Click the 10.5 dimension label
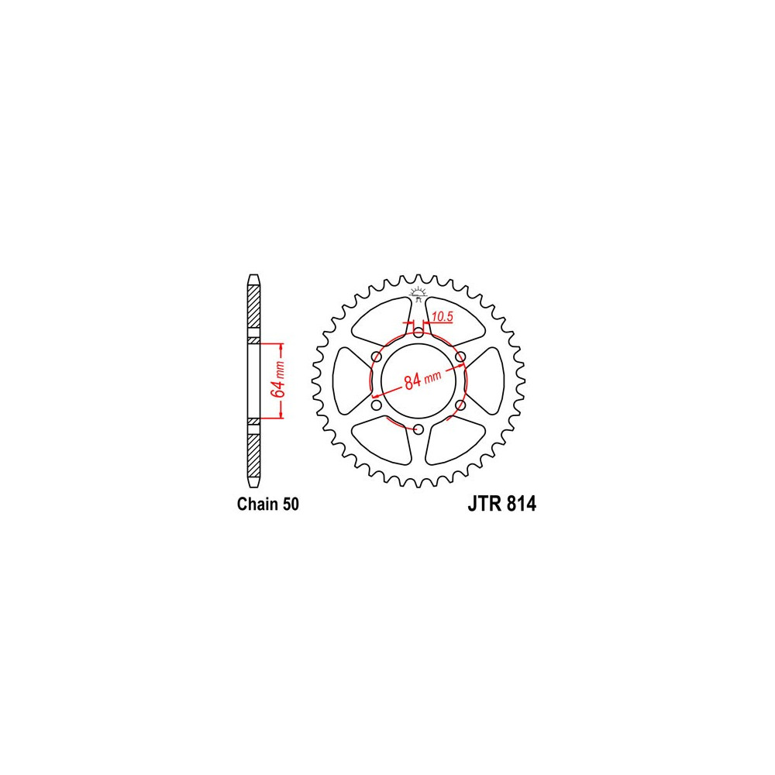click(x=443, y=316)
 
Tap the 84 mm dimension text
click(x=422, y=380)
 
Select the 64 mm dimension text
click(x=279, y=380)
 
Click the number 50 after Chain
click(x=291, y=505)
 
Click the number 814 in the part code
click(x=521, y=505)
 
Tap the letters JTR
click(x=484, y=505)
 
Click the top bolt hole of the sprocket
click(x=418, y=332)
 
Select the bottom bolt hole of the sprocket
click(x=418, y=429)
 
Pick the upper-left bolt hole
click(x=377, y=356)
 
